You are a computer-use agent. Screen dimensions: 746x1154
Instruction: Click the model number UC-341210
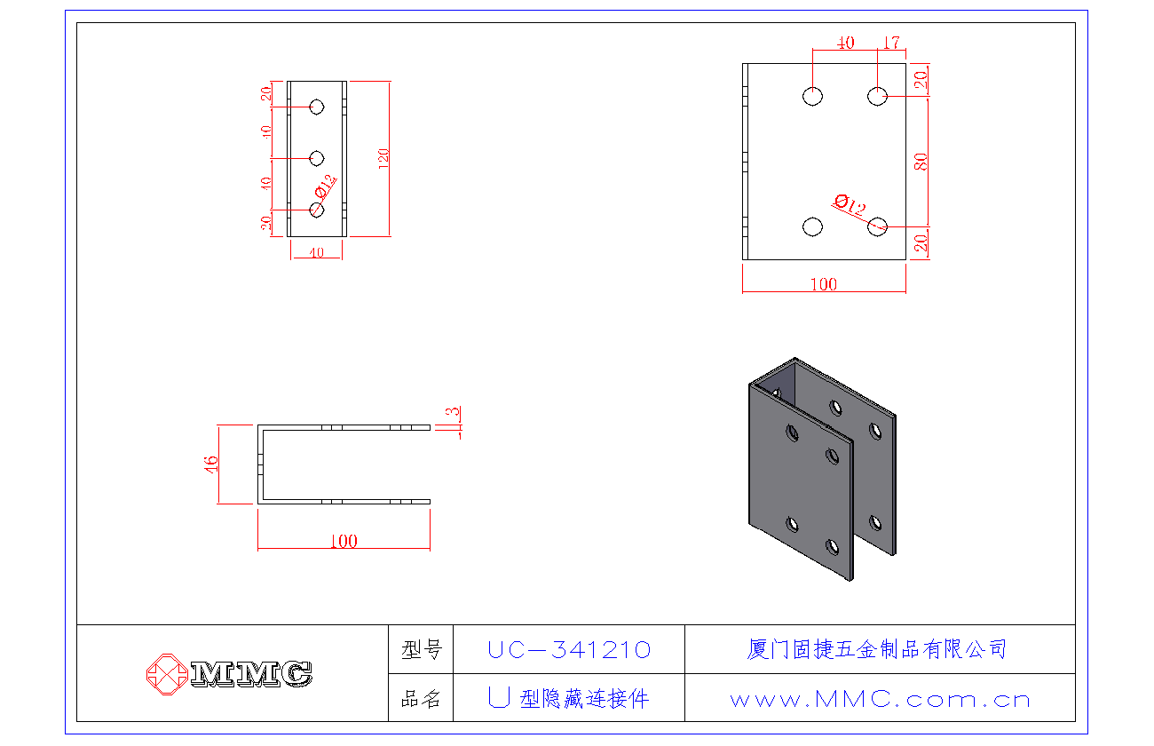pyautogui.click(x=569, y=650)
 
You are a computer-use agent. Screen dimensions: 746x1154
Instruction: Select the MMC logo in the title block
pyautogui.click(x=229, y=673)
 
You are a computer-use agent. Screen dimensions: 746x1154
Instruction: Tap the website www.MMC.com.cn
pyautogui.click(x=880, y=700)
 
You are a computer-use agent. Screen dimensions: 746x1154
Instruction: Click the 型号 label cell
pyautogui.click(x=421, y=650)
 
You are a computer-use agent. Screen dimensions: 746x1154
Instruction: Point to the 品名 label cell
pyautogui.click(x=421, y=699)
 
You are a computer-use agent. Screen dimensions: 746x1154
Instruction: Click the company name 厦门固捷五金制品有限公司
pyautogui.click(x=877, y=649)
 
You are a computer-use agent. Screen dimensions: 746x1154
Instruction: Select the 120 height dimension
pyautogui.click(x=383, y=158)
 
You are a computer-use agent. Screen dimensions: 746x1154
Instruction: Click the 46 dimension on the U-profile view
pyautogui.click(x=211, y=464)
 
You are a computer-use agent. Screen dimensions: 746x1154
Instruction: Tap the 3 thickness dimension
pyautogui.click(x=454, y=413)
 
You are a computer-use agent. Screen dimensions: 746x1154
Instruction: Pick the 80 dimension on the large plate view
pyautogui.click(x=921, y=162)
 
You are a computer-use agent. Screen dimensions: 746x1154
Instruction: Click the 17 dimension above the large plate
pyautogui.click(x=891, y=43)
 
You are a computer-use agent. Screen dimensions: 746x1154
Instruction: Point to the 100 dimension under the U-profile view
pyautogui.click(x=344, y=542)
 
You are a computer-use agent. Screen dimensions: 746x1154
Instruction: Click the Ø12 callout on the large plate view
pyautogui.click(x=850, y=206)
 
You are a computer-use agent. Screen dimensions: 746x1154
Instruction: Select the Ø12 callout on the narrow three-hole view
pyautogui.click(x=326, y=186)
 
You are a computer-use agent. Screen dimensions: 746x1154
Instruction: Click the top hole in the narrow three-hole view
pyautogui.click(x=316, y=107)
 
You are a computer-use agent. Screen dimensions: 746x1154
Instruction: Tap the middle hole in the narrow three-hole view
pyautogui.click(x=316, y=158)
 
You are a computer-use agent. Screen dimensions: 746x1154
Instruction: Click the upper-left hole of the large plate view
pyautogui.click(x=812, y=96)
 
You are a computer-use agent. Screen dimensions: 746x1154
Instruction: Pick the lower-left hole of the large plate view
pyautogui.click(x=812, y=226)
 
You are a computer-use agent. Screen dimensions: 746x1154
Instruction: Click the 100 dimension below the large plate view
pyautogui.click(x=824, y=284)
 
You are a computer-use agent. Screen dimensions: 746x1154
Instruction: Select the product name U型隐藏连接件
pyautogui.click(x=569, y=699)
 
